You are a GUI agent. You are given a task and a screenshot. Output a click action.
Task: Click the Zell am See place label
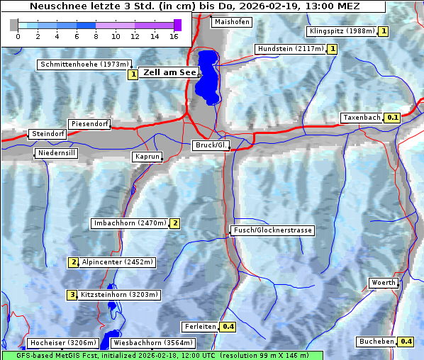point(169,72)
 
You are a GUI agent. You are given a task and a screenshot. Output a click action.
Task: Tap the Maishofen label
point(232,22)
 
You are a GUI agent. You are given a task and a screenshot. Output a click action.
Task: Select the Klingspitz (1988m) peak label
point(342,31)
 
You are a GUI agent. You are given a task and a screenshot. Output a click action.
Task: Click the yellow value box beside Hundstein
point(332,49)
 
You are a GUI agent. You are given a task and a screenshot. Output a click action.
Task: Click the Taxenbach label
point(362,118)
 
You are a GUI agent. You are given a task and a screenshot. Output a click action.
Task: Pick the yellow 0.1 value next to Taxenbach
point(392,118)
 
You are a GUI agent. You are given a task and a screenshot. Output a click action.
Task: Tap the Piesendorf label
point(89,124)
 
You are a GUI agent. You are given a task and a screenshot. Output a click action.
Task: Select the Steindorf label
point(48,134)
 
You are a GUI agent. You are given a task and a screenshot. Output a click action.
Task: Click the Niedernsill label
point(56,153)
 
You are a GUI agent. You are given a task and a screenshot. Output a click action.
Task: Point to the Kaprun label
point(147,157)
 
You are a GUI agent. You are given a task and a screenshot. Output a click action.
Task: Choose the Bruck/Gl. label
point(211,145)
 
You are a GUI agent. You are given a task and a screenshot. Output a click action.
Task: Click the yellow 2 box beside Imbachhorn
point(174,223)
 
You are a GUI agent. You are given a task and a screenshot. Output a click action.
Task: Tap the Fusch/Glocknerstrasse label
point(272,230)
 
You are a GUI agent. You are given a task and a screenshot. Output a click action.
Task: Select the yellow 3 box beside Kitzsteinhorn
point(72,295)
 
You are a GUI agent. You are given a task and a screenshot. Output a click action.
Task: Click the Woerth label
point(384,283)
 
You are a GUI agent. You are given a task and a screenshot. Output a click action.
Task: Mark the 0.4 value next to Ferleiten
point(228,327)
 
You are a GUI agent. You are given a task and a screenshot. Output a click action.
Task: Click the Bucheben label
point(376,342)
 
